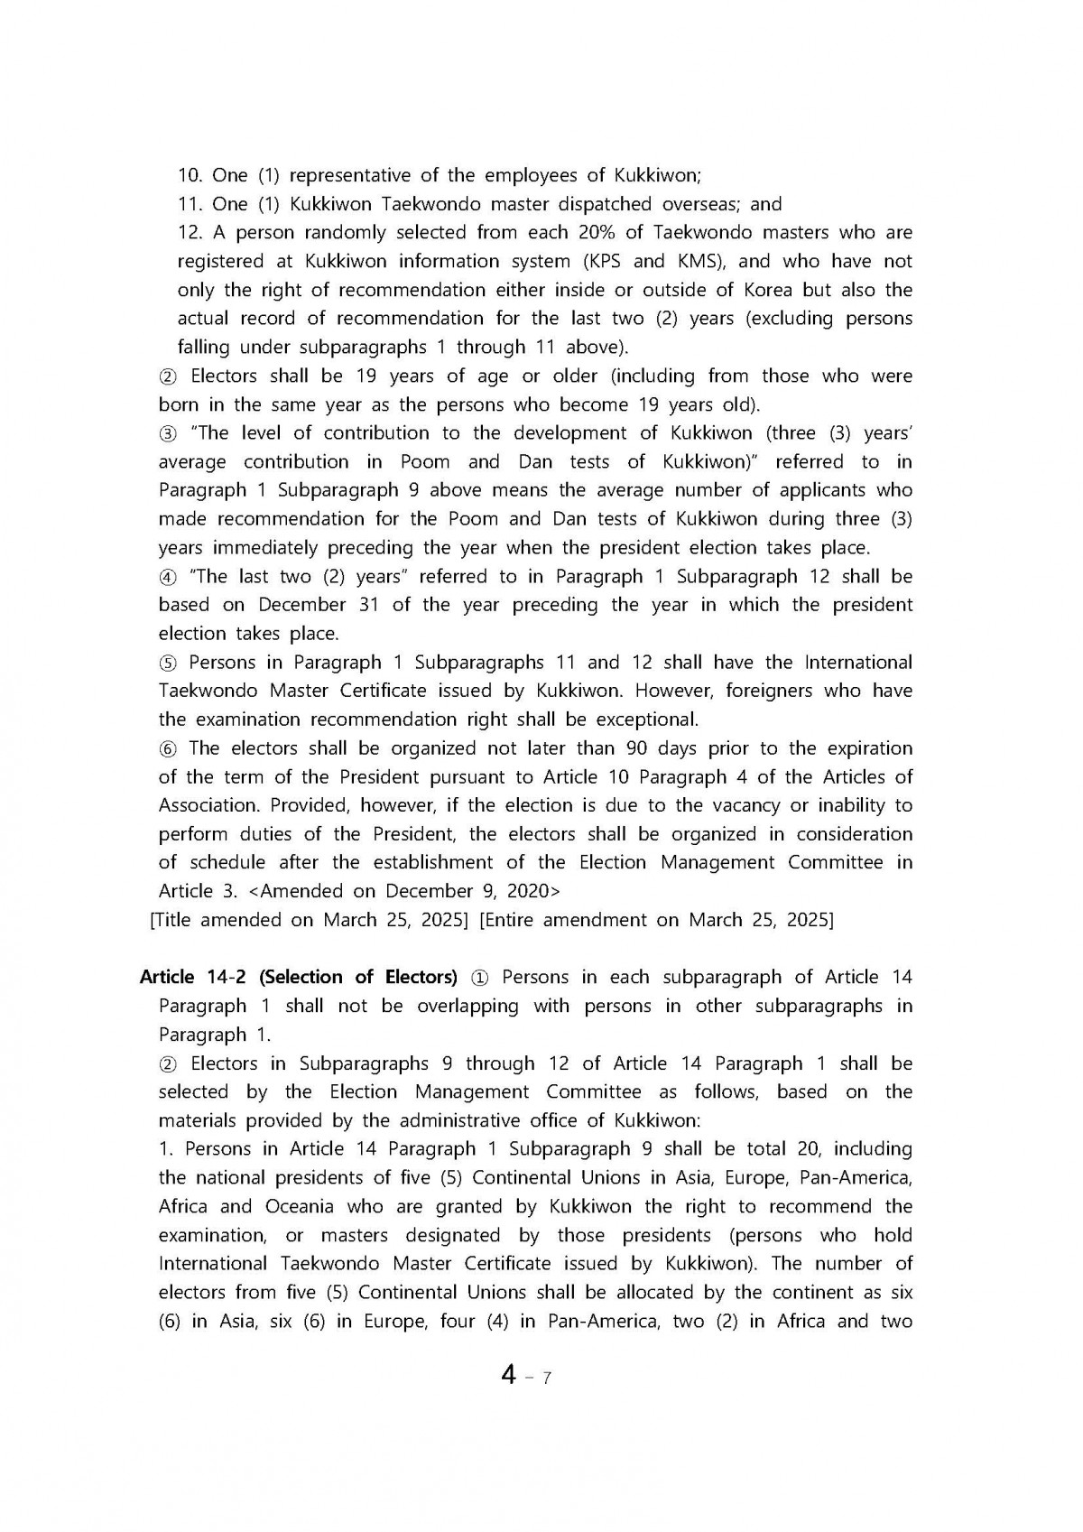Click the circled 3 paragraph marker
168,433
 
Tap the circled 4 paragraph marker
168,577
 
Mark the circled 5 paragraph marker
168,663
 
